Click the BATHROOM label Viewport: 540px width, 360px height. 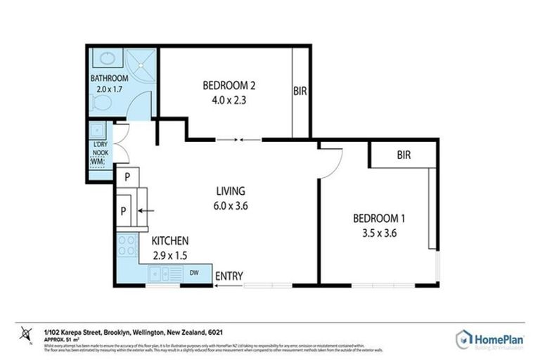click(x=108, y=78)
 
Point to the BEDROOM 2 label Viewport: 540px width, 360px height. click(x=229, y=86)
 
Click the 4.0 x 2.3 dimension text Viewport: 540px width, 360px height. click(x=229, y=100)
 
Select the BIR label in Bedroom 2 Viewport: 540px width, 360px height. click(x=300, y=91)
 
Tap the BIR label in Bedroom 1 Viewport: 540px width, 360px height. click(x=403, y=155)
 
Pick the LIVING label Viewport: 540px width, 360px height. click(x=230, y=191)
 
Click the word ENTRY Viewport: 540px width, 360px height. click(x=229, y=276)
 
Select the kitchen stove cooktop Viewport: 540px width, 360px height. click(x=127, y=246)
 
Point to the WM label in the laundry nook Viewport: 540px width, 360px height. click(x=97, y=162)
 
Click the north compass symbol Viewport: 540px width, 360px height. click(x=27, y=332)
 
